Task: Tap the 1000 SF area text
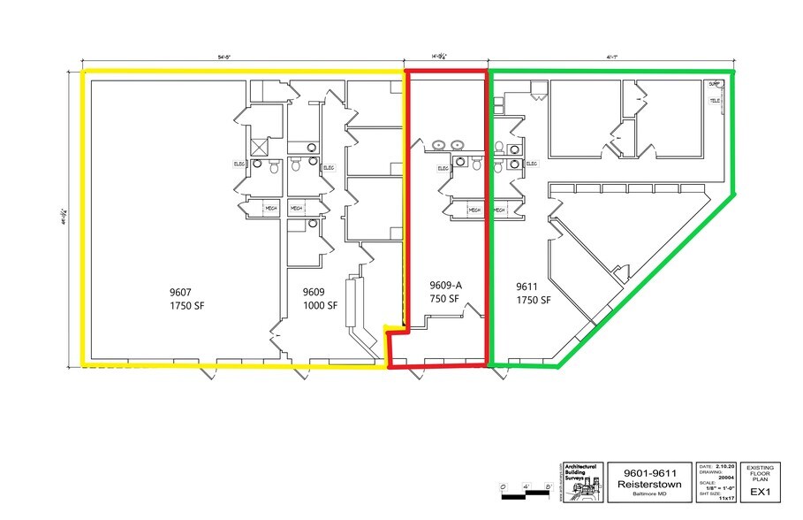(320, 306)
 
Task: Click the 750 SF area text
(443, 299)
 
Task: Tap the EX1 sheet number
(758, 491)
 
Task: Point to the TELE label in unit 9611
(715, 101)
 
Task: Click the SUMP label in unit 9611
(714, 85)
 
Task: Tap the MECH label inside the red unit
(474, 210)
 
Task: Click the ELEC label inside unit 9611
(532, 164)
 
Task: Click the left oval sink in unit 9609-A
(439, 144)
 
